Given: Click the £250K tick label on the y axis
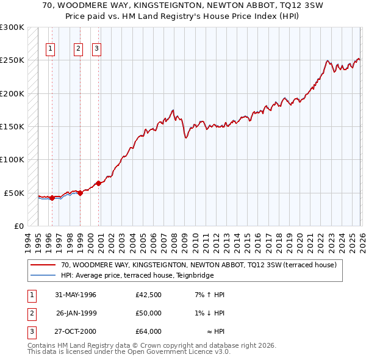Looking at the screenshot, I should pyautogui.click(x=12, y=60).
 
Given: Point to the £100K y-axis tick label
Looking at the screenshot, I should pyautogui.click(x=12, y=159).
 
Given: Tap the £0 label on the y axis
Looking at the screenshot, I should pyautogui.click(x=18, y=226).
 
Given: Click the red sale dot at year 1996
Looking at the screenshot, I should pyautogui.click(x=52, y=198).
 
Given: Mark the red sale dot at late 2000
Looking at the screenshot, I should pyautogui.click(x=98, y=183).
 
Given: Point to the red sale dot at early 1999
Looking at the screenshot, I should pyautogui.click(x=80, y=193).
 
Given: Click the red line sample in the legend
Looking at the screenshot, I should pyautogui.click(x=43, y=265).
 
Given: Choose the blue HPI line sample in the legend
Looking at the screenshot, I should pyautogui.click(x=43, y=275).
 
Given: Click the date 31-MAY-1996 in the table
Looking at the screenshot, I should pyautogui.click(x=76, y=295).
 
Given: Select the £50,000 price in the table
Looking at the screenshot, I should pyautogui.click(x=148, y=313).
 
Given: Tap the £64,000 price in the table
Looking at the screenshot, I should pyautogui.click(x=148, y=331).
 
